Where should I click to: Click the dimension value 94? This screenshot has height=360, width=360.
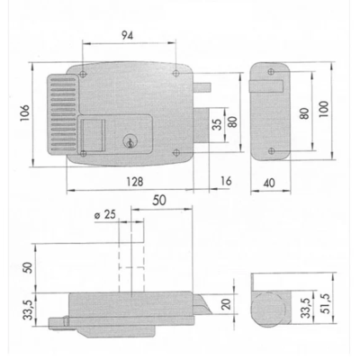point(127,36)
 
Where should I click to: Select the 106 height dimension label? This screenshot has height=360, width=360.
point(25,112)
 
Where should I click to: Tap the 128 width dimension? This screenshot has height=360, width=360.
point(135,182)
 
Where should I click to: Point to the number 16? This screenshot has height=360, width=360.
point(226,181)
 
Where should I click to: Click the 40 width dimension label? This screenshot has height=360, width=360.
point(269,183)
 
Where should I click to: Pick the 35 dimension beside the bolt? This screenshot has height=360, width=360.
point(218,124)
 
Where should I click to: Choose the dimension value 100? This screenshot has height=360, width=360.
point(324,110)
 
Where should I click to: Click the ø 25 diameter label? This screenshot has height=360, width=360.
point(105,214)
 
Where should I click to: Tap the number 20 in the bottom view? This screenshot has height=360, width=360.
point(227,304)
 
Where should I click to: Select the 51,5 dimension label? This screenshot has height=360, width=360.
point(326,303)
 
